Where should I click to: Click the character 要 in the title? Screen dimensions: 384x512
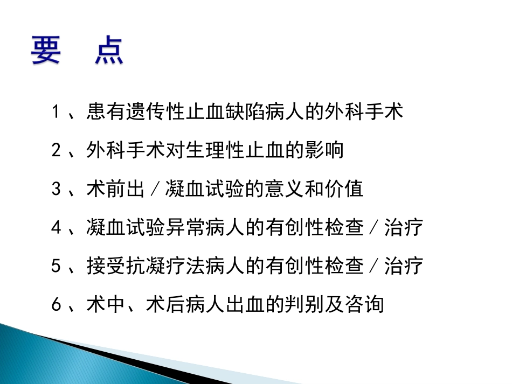pos(45,50)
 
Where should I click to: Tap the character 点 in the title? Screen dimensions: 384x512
pos(108,50)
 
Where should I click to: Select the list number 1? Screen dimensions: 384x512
pos(56,113)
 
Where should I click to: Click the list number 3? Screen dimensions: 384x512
pos(56,189)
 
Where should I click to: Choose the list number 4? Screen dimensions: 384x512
pos(56,228)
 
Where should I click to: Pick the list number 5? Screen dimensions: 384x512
pos(56,266)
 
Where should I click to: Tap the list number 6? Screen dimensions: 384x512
pos(56,305)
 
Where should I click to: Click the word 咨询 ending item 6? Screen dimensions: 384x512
pos(363,305)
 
